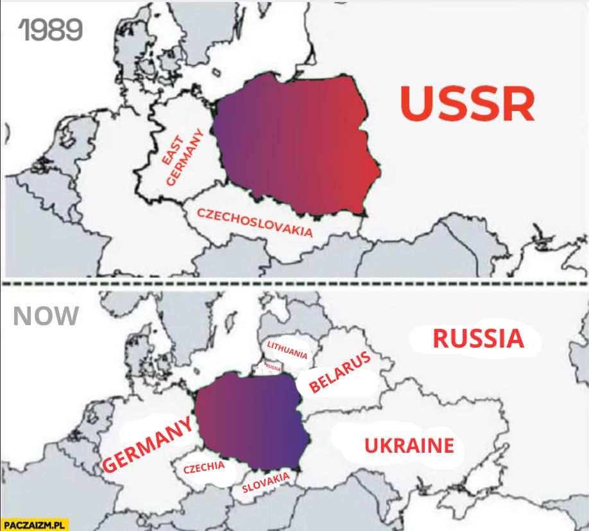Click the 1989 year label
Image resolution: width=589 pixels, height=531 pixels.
(x=50, y=29)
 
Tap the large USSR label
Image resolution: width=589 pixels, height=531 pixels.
(x=467, y=103)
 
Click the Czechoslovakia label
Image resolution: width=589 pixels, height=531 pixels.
(x=255, y=222)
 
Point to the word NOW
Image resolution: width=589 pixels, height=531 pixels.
(x=46, y=316)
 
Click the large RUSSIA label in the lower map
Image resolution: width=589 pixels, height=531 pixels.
(x=478, y=339)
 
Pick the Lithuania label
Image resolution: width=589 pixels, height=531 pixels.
(x=287, y=350)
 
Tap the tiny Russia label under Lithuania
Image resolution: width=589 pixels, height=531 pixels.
(x=273, y=368)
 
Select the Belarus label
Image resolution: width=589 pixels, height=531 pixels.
(x=340, y=371)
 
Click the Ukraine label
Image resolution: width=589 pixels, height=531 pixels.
(x=409, y=445)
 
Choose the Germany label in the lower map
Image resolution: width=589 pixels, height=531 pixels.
(x=148, y=445)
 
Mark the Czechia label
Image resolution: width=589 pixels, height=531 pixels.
(x=204, y=468)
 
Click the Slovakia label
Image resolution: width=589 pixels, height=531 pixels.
(x=265, y=483)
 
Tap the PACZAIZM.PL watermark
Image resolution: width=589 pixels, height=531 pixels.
(x=34, y=524)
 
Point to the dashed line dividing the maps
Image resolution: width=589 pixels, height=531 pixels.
(x=294, y=283)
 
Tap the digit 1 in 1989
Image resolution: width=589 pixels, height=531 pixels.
(x=24, y=29)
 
